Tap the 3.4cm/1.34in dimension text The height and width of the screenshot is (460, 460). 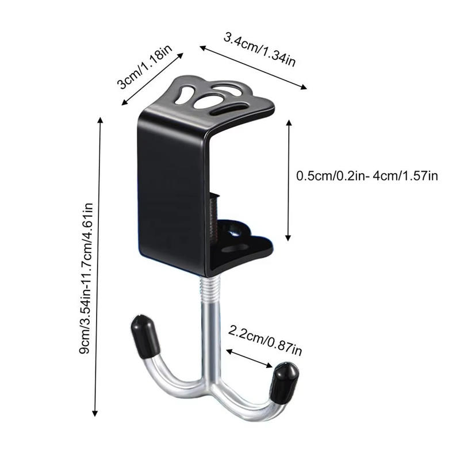coord(259,49)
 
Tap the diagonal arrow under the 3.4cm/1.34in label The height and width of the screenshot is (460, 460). coord(253,67)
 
